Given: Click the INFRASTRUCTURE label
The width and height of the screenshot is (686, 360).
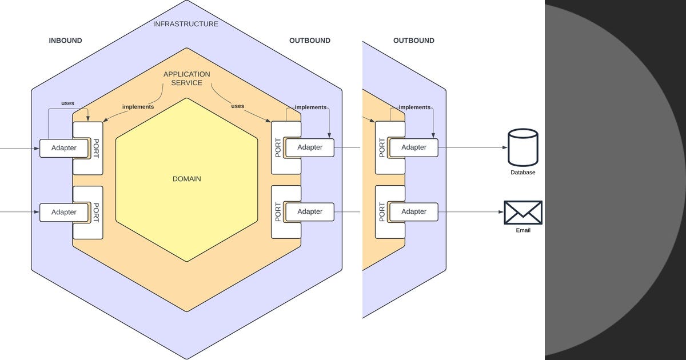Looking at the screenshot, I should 186,24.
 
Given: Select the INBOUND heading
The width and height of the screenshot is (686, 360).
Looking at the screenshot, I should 65,41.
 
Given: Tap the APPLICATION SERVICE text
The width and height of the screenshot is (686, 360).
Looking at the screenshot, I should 186,78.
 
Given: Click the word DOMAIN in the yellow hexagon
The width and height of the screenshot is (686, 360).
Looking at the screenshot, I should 186,179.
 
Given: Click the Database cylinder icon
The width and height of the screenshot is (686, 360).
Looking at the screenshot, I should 523,147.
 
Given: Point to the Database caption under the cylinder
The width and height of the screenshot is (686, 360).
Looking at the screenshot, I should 523,172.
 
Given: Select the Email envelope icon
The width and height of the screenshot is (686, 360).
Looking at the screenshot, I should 523,212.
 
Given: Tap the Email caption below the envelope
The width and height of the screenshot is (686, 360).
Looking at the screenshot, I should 523,230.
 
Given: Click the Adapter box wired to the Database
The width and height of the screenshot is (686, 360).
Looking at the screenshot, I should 414,147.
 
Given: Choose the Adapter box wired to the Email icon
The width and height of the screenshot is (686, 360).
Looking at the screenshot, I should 414,211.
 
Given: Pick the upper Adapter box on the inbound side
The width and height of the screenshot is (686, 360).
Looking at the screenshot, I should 63,148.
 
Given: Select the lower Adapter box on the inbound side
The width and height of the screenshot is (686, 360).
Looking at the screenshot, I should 63,212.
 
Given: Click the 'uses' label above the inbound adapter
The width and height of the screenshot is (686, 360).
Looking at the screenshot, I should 67,103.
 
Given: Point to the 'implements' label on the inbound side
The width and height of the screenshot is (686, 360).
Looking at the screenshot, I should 138,107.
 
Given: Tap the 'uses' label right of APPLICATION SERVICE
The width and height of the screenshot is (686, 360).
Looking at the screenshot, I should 238,106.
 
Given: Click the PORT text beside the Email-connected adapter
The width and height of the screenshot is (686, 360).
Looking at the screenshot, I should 382,212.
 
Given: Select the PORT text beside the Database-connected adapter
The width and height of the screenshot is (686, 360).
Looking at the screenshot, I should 382,148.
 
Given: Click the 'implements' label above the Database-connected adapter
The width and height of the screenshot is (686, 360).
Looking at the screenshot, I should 414,107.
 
